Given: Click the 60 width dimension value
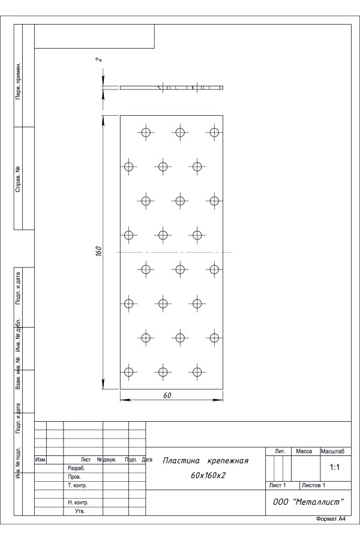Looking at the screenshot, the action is coord(167,395).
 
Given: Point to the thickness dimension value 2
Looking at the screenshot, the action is coord(99,59).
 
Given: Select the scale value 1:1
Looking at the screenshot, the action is coord(335,467).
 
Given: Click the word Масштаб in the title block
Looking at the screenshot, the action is coord(332,451).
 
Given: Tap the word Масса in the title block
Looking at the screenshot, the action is coord(304,451).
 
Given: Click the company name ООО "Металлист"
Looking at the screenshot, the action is coord(308,502).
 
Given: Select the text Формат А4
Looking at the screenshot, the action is coord(331,519).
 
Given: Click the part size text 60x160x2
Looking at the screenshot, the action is coord(208,475).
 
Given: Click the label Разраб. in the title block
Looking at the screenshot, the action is coord(76,469).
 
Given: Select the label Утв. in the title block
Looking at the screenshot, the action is coord(80,511).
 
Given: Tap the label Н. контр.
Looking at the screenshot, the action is coord(78,503).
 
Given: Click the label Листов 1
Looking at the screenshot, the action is coord(313,485).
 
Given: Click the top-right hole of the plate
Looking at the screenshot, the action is coord(214,132).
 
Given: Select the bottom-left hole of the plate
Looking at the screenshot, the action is coord(128,372).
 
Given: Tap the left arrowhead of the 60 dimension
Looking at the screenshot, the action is coord(125,400).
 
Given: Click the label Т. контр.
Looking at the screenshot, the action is coord(77,485).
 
